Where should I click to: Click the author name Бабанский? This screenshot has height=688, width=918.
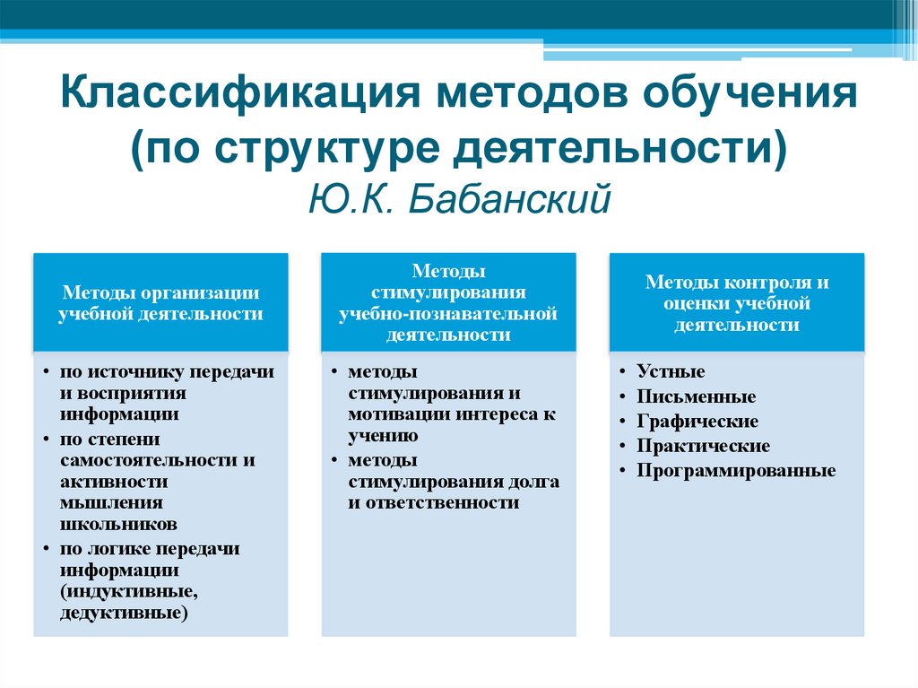pyautogui.click(x=510, y=198)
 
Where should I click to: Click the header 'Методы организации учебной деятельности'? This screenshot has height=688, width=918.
pyautogui.click(x=161, y=303)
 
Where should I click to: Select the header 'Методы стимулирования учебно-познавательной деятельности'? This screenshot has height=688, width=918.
pyautogui.click(x=449, y=303)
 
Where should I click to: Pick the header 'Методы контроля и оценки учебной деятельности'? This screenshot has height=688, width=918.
pyautogui.click(x=737, y=303)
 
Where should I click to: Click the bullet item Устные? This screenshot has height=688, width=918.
pyautogui.click(x=671, y=371)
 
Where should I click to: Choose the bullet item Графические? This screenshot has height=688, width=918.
pyautogui.click(x=697, y=421)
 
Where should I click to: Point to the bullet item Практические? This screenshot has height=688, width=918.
pyautogui.click(x=703, y=446)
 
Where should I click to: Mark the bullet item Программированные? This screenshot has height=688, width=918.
pyautogui.click(x=736, y=470)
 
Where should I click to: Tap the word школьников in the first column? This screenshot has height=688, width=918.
pyautogui.click(x=118, y=525)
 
